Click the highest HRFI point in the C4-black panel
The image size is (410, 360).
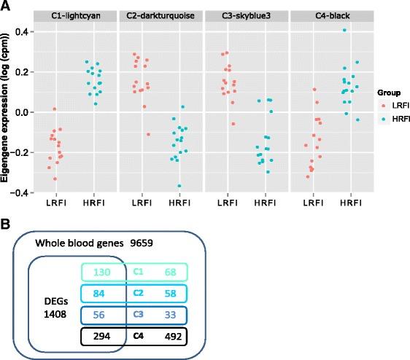point(343,30)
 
